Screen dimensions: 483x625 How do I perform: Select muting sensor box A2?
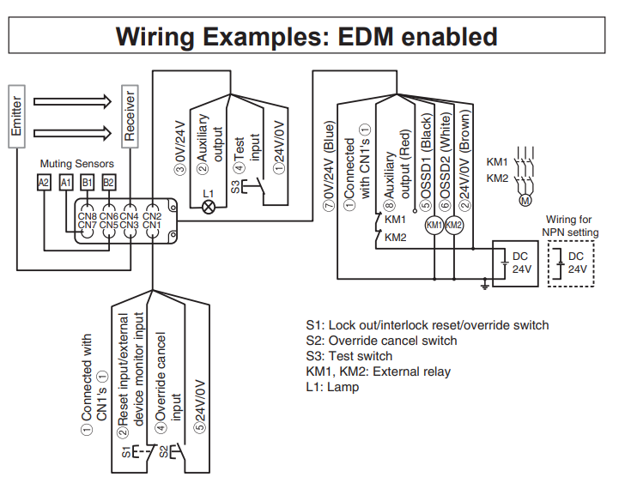(44, 182)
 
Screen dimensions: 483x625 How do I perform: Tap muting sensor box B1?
(88, 182)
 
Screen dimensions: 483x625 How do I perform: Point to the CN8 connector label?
(87, 215)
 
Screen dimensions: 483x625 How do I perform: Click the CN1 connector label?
(151, 225)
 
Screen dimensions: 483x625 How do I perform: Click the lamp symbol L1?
(207, 207)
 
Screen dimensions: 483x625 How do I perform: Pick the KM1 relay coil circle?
(434, 225)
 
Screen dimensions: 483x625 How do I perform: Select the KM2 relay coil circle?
(454, 225)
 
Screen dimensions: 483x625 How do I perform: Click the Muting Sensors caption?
(76, 162)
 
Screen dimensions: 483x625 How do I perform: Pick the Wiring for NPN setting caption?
(570, 226)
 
